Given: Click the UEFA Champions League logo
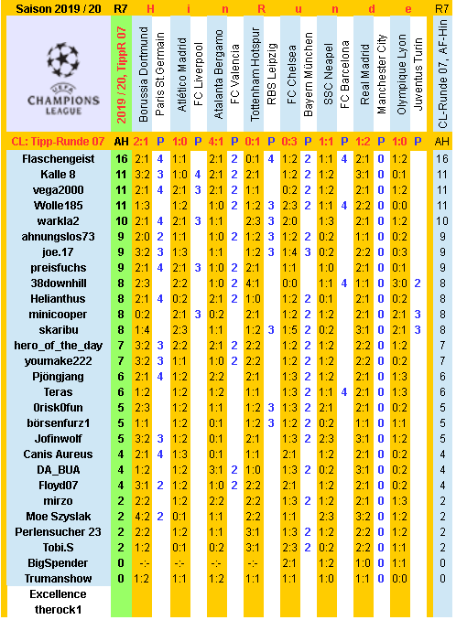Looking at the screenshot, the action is point(58,76).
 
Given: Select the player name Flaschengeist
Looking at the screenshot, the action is point(58,158).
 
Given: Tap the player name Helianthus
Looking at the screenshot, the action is point(58,298).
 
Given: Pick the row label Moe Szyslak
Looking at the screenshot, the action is point(58,516).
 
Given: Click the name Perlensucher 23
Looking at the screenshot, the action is point(58,531).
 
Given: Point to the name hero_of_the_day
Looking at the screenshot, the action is point(58,345).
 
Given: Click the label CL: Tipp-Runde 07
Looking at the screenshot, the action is point(58,142).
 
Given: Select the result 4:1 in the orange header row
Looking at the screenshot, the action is point(216,142).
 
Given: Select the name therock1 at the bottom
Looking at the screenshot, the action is point(58,609).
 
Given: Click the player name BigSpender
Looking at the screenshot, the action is point(58,562).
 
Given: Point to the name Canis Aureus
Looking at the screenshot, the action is point(58,454).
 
